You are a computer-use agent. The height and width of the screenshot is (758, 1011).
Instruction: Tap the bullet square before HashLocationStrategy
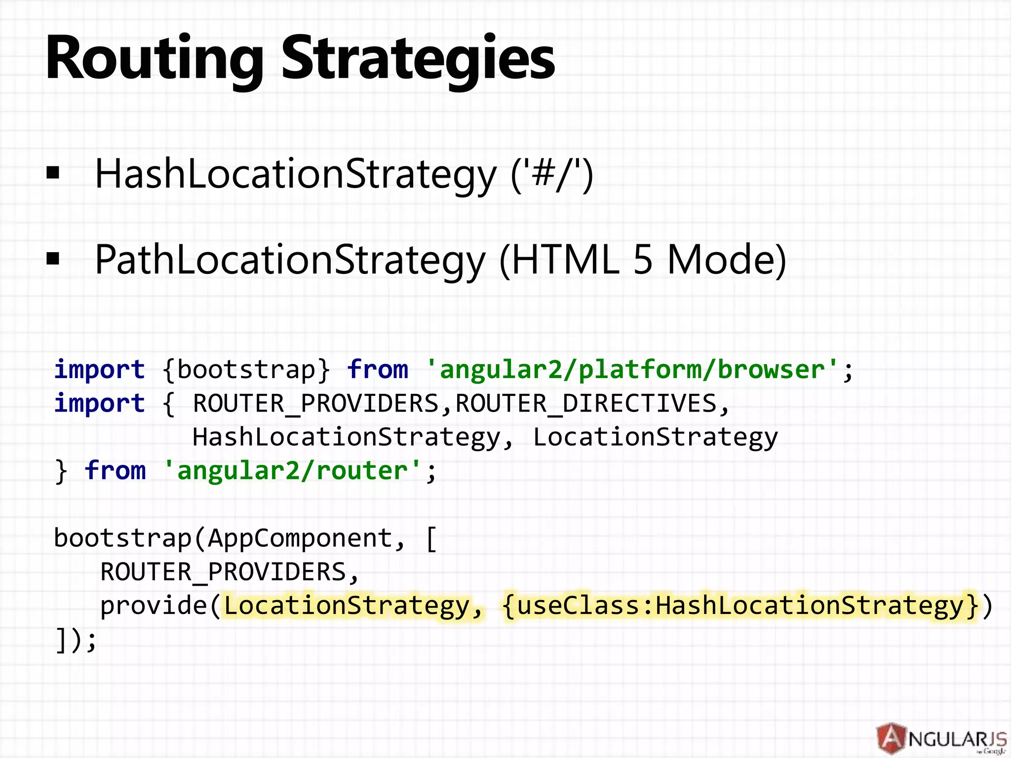pos(53,173)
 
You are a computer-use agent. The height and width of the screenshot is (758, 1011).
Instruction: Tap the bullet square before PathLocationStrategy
pos(53,259)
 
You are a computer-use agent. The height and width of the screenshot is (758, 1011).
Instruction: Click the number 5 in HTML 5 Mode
pos(642,260)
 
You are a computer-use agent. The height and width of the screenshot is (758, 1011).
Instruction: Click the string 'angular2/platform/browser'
pos(632,369)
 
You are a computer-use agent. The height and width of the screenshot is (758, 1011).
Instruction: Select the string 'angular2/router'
pos(292,470)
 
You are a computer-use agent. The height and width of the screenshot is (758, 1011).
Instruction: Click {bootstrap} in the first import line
pos(246,369)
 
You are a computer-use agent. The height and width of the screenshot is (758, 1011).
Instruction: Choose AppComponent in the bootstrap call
pos(300,538)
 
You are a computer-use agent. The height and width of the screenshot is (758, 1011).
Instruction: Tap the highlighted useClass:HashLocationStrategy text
pos(740,606)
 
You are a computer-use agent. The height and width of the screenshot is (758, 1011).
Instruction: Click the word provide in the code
pos(154,606)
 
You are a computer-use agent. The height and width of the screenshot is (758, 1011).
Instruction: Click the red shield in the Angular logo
pos(892,739)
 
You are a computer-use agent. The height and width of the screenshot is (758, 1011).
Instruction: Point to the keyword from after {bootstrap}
pos(377,369)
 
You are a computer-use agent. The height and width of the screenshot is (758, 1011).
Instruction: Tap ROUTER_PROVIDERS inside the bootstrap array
pos(223,572)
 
